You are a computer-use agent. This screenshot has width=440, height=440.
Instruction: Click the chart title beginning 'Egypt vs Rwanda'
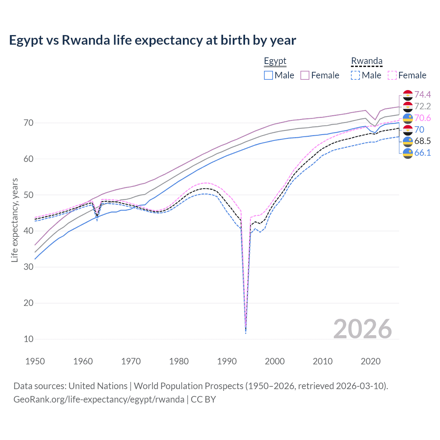(152, 40)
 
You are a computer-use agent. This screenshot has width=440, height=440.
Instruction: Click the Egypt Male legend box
(268, 75)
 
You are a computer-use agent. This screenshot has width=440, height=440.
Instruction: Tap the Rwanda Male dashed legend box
(355, 75)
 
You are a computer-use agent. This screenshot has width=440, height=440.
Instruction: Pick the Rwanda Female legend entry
(407, 75)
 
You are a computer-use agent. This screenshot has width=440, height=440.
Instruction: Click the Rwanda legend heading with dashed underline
(366, 61)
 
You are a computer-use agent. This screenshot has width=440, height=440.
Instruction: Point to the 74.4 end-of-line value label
(422, 95)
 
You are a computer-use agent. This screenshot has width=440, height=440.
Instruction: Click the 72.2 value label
(422, 106)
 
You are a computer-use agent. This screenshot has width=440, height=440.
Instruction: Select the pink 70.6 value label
(422, 118)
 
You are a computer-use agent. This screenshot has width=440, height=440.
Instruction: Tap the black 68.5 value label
(422, 141)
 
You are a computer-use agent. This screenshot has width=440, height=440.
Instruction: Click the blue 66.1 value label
(422, 153)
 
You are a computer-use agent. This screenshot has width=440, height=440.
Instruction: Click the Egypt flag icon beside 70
(408, 130)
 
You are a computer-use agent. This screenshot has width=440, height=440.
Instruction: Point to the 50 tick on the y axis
(29, 195)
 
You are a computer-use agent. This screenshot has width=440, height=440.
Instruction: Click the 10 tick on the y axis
(29, 339)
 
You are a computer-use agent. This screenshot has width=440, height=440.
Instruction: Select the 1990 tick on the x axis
(227, 361)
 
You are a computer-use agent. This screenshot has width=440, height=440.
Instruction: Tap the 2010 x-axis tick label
(322, 361)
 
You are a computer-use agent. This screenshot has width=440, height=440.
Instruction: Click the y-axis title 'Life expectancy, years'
(14, 220)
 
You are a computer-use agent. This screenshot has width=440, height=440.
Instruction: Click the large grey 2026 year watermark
(362, 329)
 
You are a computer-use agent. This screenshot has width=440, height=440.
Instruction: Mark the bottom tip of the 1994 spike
(245, 333)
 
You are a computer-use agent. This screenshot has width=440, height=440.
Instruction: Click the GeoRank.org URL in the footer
(99, 399)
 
